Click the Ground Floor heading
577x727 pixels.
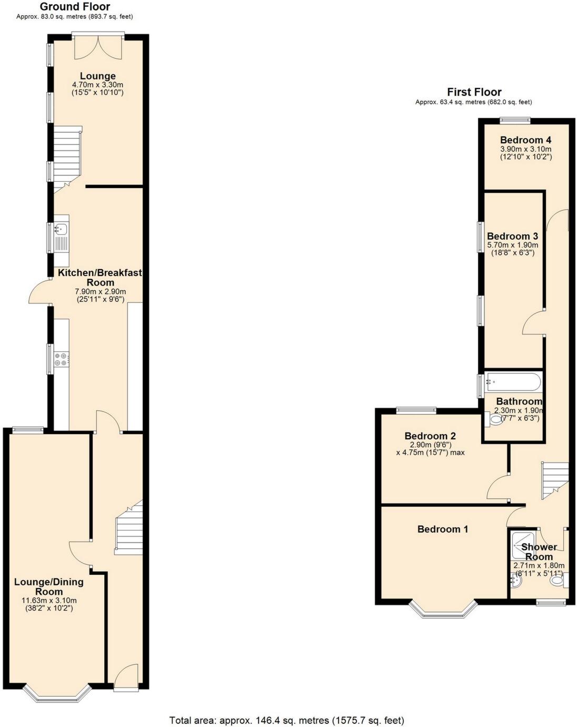75,7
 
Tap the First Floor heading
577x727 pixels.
474,92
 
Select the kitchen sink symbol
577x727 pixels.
61,229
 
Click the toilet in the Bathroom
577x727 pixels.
495,420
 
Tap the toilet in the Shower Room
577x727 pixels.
557,581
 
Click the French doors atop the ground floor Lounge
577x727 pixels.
98,46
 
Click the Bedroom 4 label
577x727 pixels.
525,140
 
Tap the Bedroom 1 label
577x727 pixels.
442,529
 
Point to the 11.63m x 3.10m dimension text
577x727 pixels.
49,601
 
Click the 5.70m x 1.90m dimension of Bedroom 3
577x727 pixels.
512,245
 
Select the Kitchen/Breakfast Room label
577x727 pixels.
100,278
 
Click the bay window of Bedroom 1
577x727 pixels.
444,610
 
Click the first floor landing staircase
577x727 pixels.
555,478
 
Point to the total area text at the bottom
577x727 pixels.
286,720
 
